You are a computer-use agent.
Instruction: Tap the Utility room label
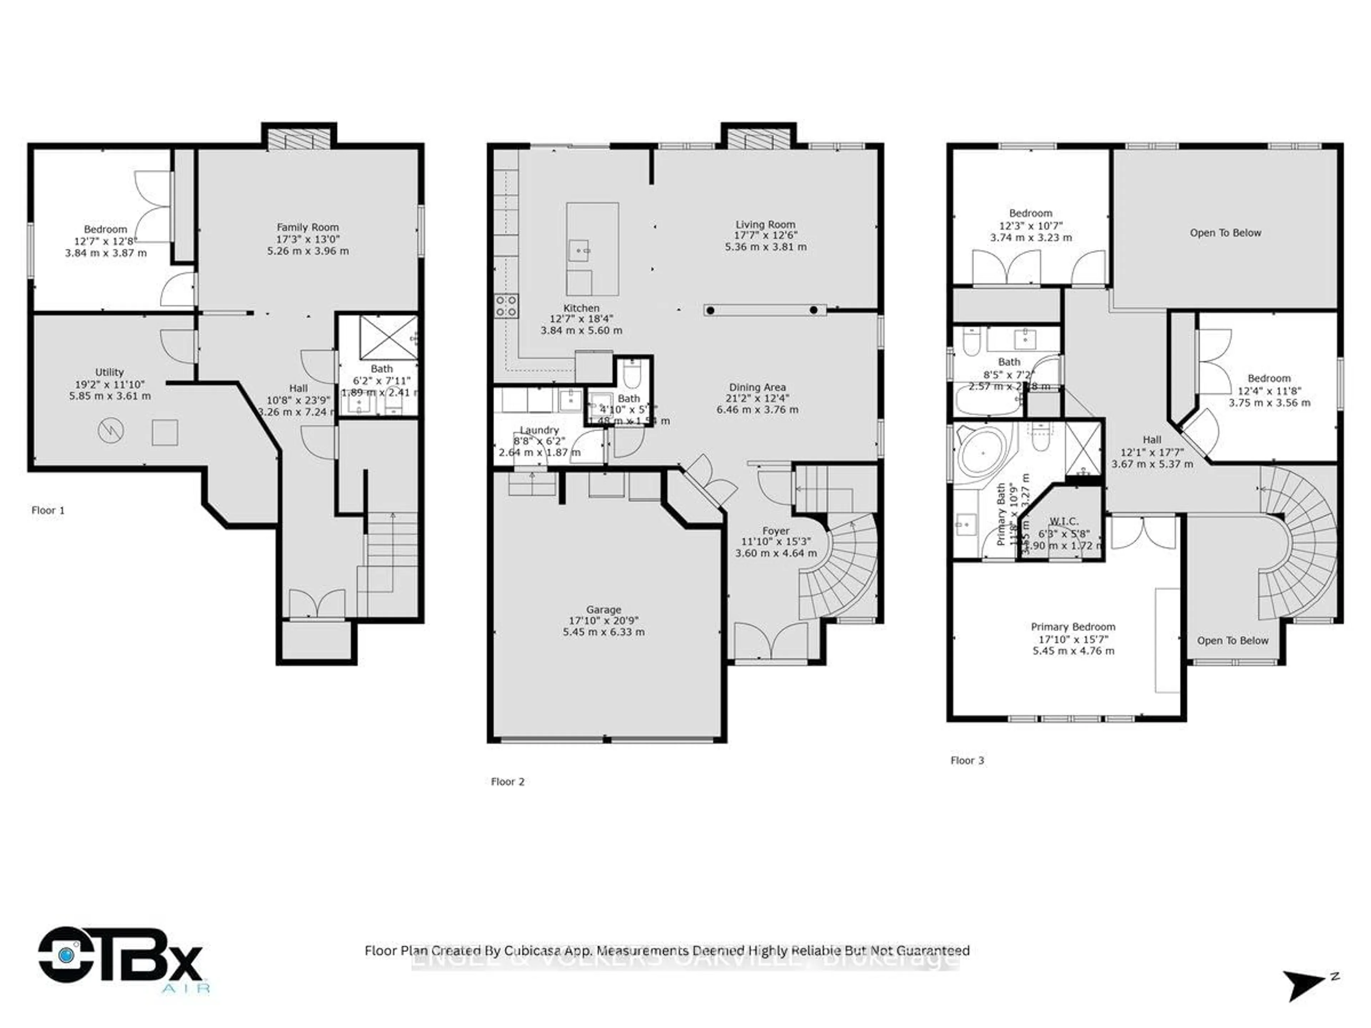coord(109,372)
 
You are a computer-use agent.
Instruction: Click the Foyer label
coord(775,530)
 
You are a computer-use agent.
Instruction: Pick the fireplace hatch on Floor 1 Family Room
coord(299,140)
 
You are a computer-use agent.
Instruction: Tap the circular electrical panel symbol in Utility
coord(111,430)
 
